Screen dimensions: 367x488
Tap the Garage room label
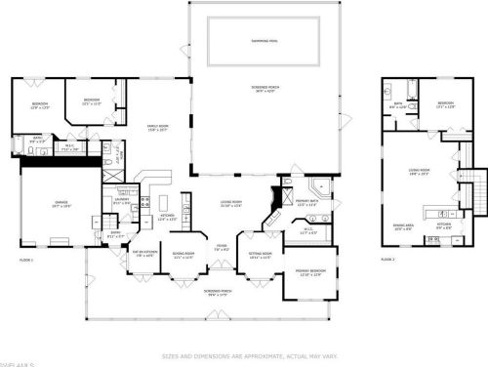coord(60,203)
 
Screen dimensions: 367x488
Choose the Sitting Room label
coord(261,256)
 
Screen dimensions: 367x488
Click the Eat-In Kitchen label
coord(143,255)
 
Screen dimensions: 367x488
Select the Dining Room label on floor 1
coord(183,256)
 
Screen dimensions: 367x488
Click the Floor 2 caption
coord(387,260)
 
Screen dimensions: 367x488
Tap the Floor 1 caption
coord(26,260)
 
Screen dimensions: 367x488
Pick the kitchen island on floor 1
coord(145,204)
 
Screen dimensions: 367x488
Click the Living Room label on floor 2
coord(419,170)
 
